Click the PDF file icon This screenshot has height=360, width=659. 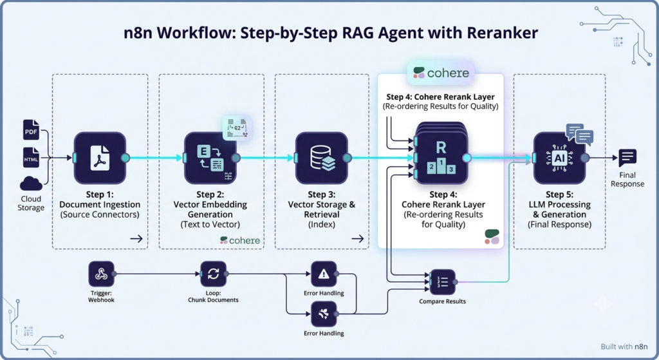pyautogui.click(x=31, y=129)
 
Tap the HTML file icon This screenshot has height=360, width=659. pyautogui.click(x=31, y=158)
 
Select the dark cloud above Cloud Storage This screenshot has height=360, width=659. pyautogui.click(x=31, y=184)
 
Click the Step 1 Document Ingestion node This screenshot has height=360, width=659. pyautogui.click(x=100, y=158)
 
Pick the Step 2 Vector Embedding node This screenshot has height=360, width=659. pyautogui.click(x=210, y=158)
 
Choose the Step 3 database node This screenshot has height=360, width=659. pyautogui.click(x=322, y=158)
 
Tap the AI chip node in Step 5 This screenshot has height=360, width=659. pyautogui.click(x=559, y=158)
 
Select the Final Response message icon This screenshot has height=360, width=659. pyautogui.click(x=627, y=158)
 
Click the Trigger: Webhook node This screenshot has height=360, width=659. pyautogui.click(x=101, y=274)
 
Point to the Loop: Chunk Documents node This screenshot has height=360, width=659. pyautogui.click(x=213, y=274)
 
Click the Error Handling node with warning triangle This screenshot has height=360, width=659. pyautogui.click(x=324, y=274)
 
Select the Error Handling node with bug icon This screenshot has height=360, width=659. pyautogui.click(x=324, y=314)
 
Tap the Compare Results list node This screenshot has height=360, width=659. pyautogui.click(x=443, y=282)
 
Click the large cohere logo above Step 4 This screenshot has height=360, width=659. pyautogui.click(x=441, y=73)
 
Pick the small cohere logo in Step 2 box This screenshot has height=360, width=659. pyautogui.click(x=240, y=240)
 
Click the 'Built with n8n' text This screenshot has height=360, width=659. pyautogui.click(x=624, y=346)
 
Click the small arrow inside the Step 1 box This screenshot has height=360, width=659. pyautogui.click(x=136, y=239)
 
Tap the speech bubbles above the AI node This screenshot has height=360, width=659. pyautogui.click(x=580, y=134)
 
